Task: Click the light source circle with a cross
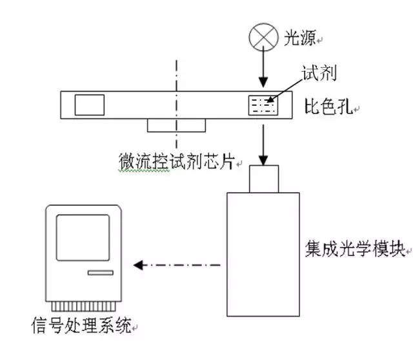tap(263, 38)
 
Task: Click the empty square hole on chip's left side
tap(90, 105)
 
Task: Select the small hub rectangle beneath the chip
tap(176, 125)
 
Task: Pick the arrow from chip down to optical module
tap(263, 143)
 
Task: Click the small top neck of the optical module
tap(263, 178)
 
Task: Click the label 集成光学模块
tap(354, 248)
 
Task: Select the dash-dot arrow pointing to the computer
tap(178, 265)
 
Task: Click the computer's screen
tap(83, 236)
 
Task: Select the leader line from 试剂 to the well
tap(284, 91)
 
